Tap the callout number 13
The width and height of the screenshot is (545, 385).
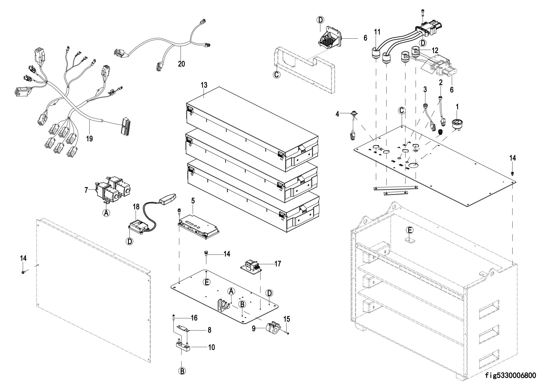pos(204,85)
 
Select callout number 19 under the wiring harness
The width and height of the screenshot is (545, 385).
pos(89,139)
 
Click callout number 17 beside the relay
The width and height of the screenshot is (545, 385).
pos(278,264)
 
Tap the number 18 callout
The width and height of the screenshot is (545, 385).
pos(136,207)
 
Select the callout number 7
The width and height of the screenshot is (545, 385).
pos(86,190)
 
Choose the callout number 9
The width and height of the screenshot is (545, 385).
pos(254,329)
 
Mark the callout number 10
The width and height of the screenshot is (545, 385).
pos(212,347)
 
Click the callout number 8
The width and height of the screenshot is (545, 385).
pos(209,330)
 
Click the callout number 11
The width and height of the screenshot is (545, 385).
pos(377,32)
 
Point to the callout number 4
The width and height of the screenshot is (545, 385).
pos(337,114)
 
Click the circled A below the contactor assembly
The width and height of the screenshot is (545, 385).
pos(106,213)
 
